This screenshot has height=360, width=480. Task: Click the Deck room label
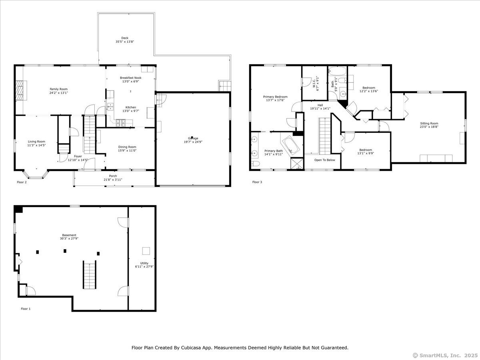point(125,38)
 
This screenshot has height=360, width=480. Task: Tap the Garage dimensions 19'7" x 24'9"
point(193,142)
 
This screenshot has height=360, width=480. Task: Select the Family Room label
point(59,89)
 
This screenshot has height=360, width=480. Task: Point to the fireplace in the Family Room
point(21,90)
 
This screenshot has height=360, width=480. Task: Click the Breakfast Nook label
point(130,78)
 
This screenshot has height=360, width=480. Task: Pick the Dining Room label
point(127,147)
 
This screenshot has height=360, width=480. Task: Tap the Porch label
point(113,176)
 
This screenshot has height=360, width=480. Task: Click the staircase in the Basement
point(90,274)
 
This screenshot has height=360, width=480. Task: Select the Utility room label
point(144,263)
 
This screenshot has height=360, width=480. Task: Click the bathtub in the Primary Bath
point(291,145)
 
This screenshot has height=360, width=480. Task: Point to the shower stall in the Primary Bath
point(297,164)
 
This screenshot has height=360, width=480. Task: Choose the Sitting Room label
point(429,123)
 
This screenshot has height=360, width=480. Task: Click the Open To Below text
point(324,160)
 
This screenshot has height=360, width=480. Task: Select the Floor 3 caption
point(257,182)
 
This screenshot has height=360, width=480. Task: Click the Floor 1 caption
point(26,309)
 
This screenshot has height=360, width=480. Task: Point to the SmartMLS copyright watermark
point(445,356)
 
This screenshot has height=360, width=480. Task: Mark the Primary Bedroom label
point(275,97)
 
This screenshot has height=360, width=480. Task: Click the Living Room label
point(36,142)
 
